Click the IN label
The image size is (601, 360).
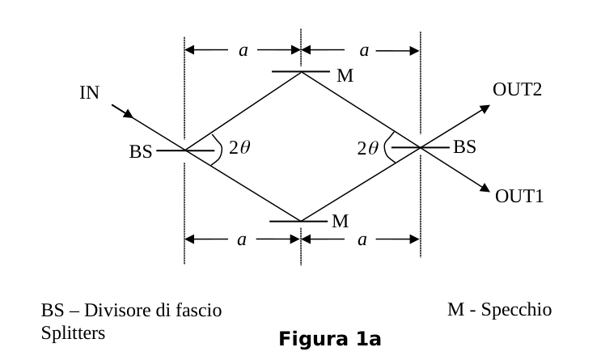[x=89, y=93]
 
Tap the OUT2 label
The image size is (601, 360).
[x=517, y=90]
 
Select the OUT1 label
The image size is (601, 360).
[x=519, y=196]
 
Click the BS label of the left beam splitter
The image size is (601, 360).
[x=141, y=151]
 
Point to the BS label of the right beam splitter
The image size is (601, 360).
[x=464, y=147]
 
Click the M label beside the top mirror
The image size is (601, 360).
[x=345, y=75]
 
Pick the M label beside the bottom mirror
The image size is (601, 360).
[x=341, y=221]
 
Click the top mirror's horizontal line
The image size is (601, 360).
[x=301, y=71]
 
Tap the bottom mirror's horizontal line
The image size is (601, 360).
[x=298, y=221]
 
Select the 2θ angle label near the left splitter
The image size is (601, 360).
[x=239, y=147]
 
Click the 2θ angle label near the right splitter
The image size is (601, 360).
[x=367, y=148]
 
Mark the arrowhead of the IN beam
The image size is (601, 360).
[x=129, y=114]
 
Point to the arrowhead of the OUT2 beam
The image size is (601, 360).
[x=485, y=109]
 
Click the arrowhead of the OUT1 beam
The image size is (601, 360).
[x=485, y=188]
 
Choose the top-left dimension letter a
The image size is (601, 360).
[x=243, y=51]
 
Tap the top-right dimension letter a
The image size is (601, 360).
[x=364, y=51]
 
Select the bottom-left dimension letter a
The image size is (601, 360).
[x=242, y=240]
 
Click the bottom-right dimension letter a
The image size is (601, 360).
[x=362, y=240]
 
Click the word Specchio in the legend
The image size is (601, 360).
[x=516, y=310]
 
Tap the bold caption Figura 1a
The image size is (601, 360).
[x=330, y=339]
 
